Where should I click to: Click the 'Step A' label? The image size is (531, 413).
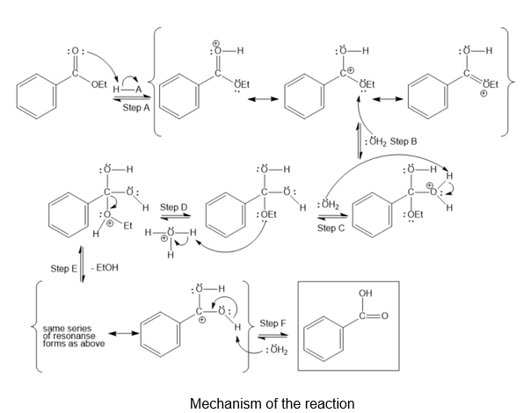click(x=137, y=107)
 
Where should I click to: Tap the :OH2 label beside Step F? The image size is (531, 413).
click(x=276, y=351)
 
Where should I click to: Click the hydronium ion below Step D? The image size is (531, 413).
click(x=171, y=238)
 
